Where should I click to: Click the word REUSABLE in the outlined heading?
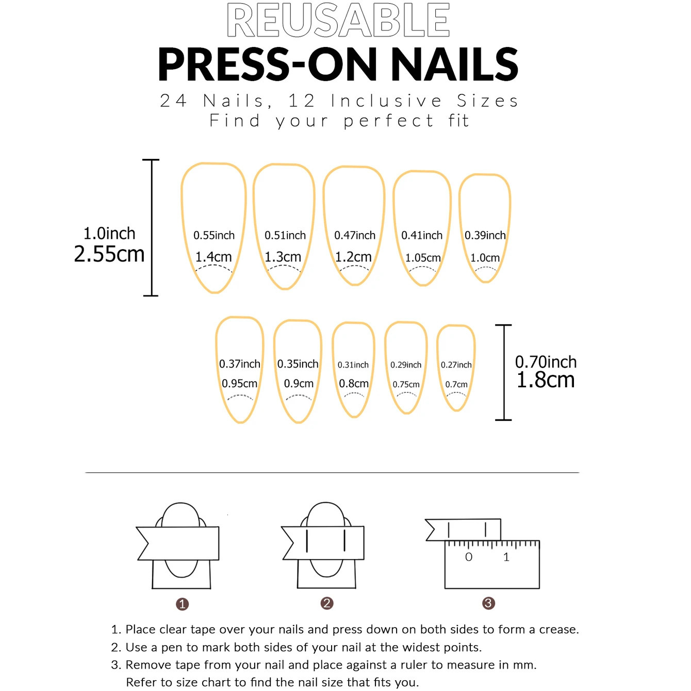338,21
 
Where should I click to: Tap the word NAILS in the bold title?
454,65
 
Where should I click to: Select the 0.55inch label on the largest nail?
214,236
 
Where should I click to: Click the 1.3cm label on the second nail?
283,257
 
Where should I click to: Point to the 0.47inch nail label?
355,236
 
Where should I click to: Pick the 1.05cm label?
423,258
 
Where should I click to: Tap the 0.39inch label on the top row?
485,236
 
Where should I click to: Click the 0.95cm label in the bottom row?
239,384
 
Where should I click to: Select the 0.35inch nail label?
298,364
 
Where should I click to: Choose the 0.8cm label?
354,384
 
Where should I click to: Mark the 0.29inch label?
406,365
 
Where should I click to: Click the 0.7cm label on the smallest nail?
456,385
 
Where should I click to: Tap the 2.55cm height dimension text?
109,254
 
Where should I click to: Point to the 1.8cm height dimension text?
546,381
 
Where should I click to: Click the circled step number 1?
182,604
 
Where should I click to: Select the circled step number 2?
327,603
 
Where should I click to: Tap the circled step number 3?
488,603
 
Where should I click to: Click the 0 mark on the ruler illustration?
469,557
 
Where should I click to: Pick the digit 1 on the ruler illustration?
506,557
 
